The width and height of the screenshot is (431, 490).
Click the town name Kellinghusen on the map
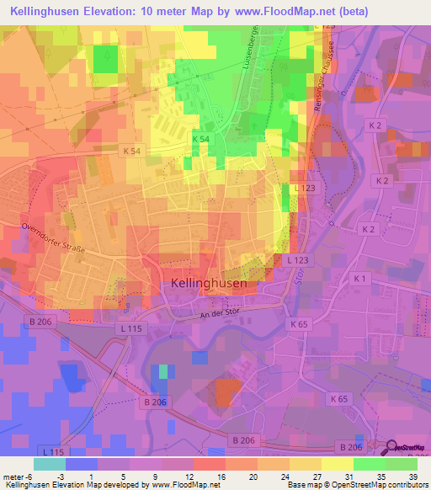tap(209, 284)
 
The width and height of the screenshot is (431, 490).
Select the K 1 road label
tap(360, 279)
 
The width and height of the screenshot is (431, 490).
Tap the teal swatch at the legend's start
tap(49, 464)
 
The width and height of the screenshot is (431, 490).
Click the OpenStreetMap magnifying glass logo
tap(391, 448)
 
